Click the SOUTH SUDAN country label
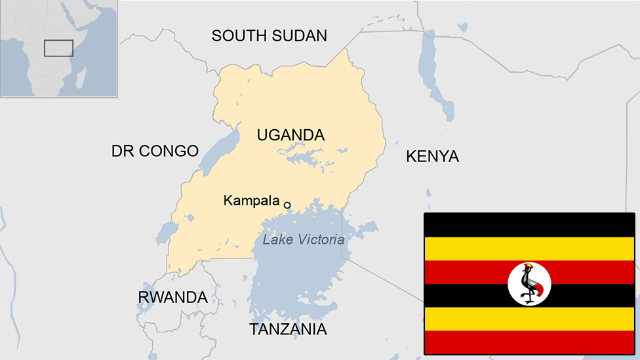269,35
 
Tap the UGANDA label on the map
290,135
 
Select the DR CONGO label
155,151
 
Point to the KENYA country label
432,156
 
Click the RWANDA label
172,297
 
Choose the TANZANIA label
288,329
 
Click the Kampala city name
251,201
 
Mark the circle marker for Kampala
287,205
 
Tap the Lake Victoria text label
303,239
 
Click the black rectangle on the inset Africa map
58,48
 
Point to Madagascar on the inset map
81,79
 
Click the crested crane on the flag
529,283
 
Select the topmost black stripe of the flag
529,224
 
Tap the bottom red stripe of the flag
529,342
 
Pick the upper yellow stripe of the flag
529,249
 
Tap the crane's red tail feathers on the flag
539,292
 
